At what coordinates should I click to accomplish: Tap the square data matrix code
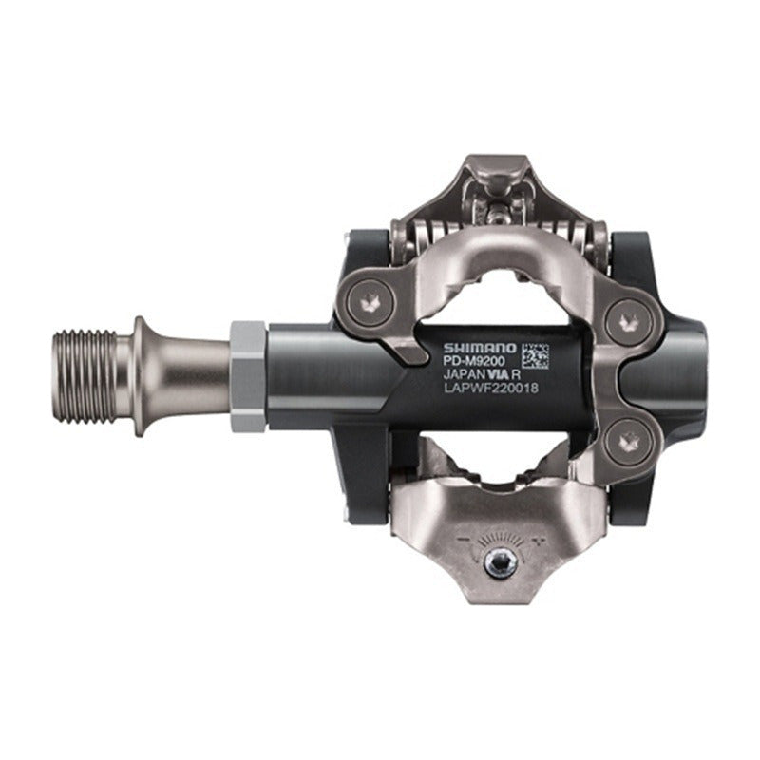click(535, 355)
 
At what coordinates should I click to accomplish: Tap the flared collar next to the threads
click(141, 375)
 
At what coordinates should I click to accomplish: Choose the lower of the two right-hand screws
click(627, 443)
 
